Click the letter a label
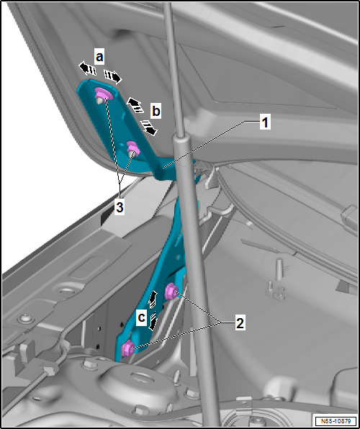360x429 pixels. pyautogui.click(x=99, y=55)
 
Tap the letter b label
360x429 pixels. pyautogui.click(x=156, y=112)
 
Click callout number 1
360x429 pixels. pyautogui.click(x=264, y=123)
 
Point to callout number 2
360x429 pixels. pyautogui.click(x=240, y=323)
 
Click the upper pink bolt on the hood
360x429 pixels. pyautogui.click(x=102, y=94)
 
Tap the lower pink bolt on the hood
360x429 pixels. pyautogui.click(x=133, y=149)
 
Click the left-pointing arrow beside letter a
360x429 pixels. pyautogui.click(x=88, y=68)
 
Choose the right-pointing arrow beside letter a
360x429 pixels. pyautogui.click(x=112, y=76)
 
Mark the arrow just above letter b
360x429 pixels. pyautogui.click(x=135, y=104)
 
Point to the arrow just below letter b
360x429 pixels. pyautogui.click(x=149, y=127)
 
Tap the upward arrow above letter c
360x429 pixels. pyautogui.click(x=153, y=299)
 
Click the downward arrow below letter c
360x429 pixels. pyautogui.click(x=152, y=322)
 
